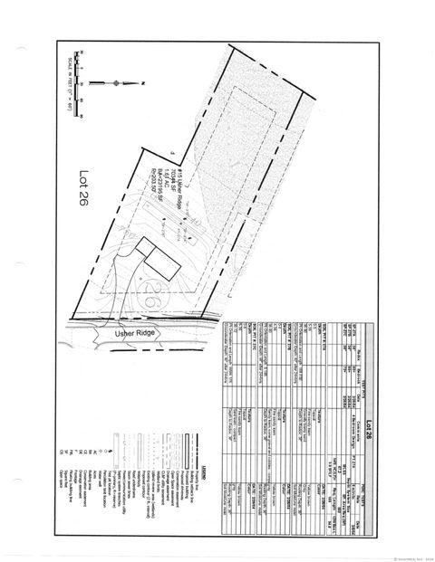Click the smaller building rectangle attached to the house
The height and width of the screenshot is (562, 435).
[x=144, y=247]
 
